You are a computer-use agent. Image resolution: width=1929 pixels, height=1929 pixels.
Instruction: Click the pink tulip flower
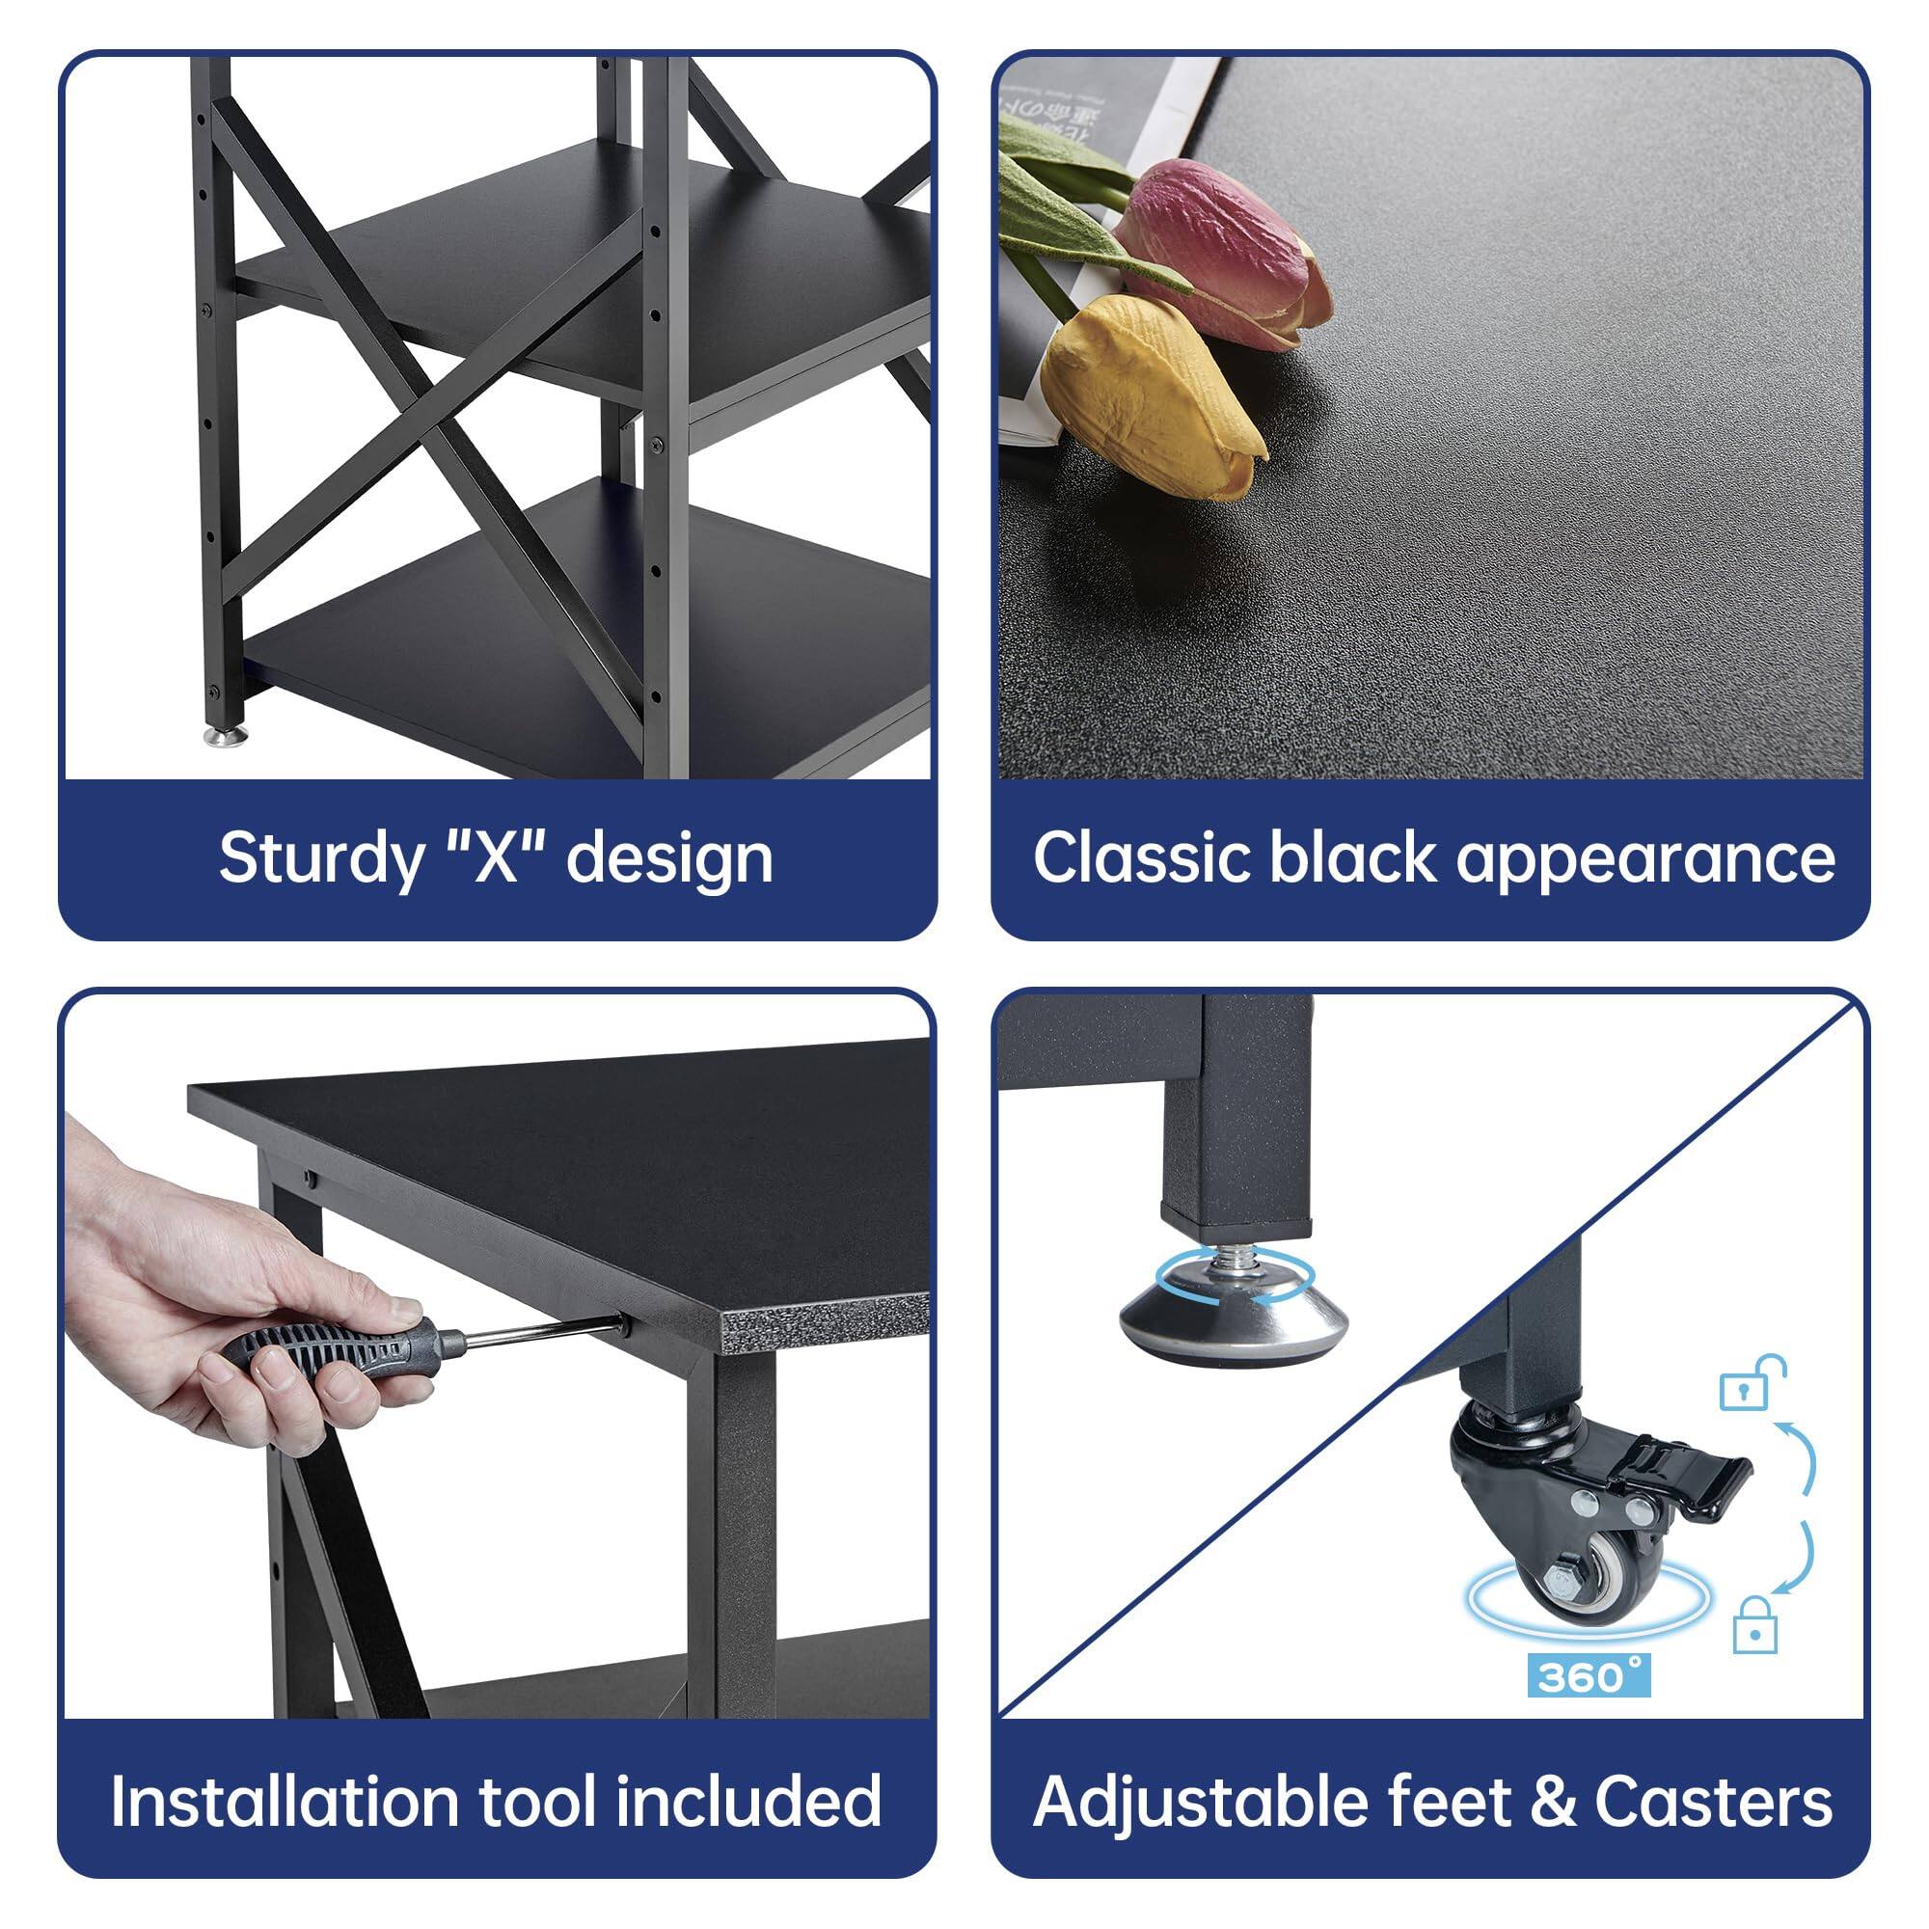tap(1223, 250)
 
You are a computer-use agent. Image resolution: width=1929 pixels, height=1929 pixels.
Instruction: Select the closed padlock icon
tap(1754, 1623)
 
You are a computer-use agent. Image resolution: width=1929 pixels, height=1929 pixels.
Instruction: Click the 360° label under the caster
tap(1589, 1676)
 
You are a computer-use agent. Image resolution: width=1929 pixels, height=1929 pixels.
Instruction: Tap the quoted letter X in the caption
tap(495, 856)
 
